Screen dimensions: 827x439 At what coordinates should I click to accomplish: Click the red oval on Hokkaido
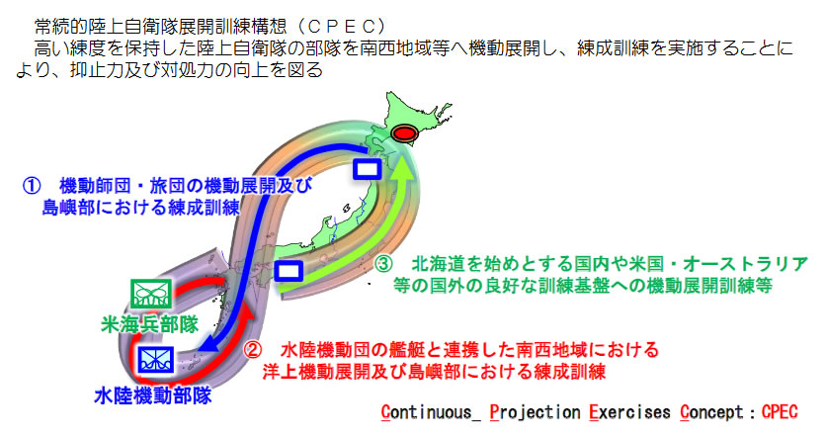click(404, 134)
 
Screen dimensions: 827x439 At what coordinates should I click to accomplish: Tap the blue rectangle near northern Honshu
click(368, 169)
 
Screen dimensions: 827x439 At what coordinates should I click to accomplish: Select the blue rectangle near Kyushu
click(289, 271)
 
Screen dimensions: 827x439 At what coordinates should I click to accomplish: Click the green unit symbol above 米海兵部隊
click(151, 294)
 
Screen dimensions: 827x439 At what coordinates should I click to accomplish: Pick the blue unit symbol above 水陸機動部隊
click(156, 360)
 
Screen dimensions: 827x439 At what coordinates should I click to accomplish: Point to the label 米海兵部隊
click(150, 324)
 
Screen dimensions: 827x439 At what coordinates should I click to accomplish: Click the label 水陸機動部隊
click(153, 395)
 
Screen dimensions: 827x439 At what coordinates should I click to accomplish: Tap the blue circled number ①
click(31, 185)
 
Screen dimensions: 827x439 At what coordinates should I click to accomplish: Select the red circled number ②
click(253, 350)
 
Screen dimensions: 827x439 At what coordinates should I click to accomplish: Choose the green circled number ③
click(383, 263)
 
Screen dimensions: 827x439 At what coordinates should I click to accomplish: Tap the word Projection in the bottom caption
click(535, 412)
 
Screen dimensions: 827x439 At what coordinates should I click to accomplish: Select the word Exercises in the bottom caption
click(629, 412)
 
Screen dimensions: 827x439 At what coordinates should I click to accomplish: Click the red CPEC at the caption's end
click(780, 411)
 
